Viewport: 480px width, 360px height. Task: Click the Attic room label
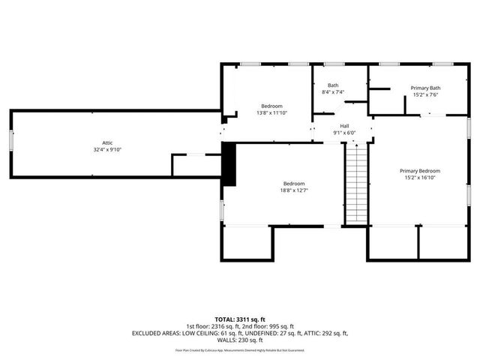point(107,143)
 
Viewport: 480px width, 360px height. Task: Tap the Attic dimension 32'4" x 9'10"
point(107,150)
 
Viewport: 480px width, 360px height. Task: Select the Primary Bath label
point(424,88)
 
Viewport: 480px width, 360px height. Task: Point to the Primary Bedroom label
point(419,171)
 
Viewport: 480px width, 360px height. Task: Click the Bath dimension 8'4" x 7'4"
point(332,92)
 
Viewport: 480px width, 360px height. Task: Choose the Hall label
point(344,126)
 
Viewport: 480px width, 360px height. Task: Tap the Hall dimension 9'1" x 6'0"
point(344,133)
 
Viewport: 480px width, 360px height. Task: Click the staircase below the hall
point(356,183)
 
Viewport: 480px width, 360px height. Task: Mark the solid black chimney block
point(229,163)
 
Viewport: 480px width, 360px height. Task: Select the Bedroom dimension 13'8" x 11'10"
point(271,112)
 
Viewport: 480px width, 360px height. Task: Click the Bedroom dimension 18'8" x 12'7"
point(293,190)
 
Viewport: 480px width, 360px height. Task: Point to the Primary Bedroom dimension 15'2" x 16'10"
point(419,178)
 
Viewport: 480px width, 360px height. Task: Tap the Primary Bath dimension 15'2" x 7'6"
point(424,95)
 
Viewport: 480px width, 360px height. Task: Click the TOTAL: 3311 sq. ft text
point(239,319)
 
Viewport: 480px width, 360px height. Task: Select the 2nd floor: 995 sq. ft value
point(271,325)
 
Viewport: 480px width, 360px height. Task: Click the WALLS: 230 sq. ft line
point(239,340)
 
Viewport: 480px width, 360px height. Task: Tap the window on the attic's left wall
point(11,143)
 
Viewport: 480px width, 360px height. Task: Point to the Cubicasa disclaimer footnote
point(239,349)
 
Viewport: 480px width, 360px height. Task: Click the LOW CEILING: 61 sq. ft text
point(207,332)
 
